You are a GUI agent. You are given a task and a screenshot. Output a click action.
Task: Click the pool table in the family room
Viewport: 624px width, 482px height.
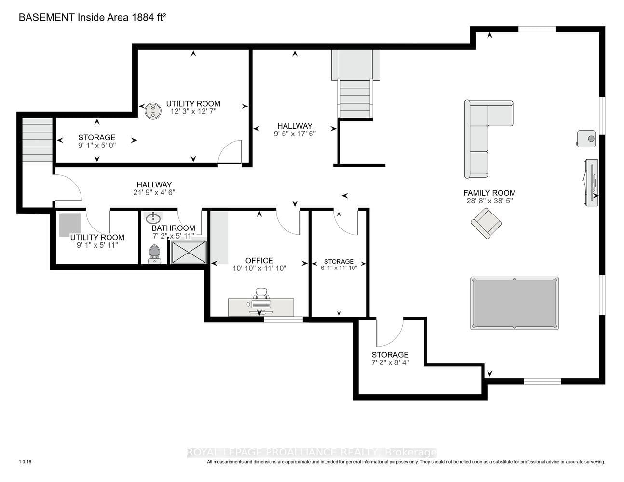click(514, 303)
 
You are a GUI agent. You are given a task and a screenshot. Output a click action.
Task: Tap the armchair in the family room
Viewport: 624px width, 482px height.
click(486, 223)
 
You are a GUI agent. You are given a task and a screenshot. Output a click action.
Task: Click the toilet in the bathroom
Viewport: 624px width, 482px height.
click(154, 254)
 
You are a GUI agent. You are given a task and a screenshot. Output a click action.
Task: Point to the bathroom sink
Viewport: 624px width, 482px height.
click(153, 218)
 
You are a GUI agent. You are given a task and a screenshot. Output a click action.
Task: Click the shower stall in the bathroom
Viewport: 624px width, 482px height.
click(189, 252)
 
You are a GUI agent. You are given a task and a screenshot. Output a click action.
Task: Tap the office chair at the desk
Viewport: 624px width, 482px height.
click(260, 295)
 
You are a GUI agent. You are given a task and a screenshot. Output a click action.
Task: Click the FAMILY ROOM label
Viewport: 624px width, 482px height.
click(489, 193)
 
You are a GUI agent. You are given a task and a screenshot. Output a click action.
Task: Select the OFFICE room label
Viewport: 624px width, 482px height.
click(259, 260)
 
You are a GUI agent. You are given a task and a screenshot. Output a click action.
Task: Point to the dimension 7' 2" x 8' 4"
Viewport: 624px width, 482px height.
click(390, 363)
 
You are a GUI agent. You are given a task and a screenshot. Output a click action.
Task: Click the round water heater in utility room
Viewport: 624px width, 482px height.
click(153, 110)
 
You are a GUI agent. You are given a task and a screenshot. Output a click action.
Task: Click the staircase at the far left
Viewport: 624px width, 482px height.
click(37, 140)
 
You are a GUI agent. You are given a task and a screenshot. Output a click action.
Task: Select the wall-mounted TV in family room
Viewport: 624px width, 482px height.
click(591, 183)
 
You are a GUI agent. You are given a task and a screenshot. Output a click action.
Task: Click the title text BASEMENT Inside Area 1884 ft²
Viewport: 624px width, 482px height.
click(92, 17)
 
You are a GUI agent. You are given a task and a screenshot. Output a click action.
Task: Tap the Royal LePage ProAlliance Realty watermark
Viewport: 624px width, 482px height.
click(312, 452)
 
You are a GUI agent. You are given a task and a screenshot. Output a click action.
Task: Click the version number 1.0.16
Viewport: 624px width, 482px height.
click(25, 462)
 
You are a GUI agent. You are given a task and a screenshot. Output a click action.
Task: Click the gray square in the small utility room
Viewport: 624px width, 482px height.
click(70, 225)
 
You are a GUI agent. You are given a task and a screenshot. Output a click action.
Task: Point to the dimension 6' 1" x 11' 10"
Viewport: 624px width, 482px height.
click(339, 268)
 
